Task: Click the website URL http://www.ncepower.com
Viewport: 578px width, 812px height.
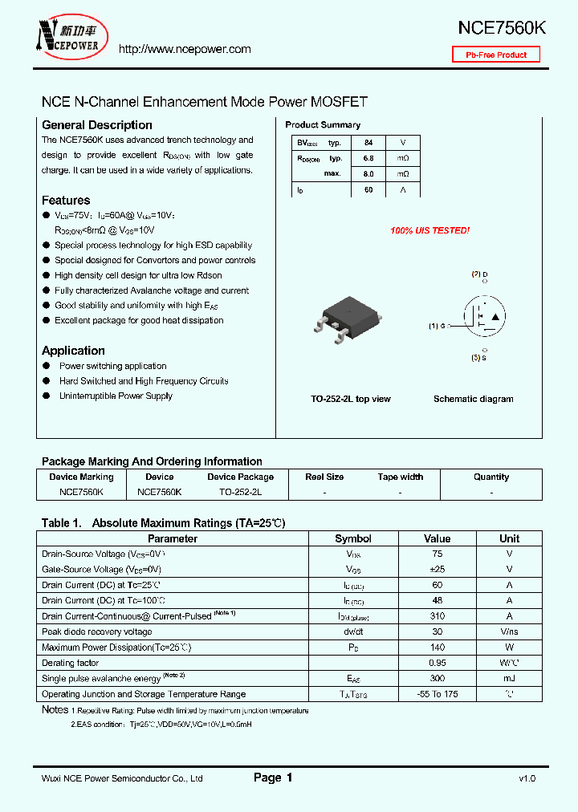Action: coord(185,50)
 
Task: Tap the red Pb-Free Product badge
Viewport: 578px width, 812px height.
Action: coord(496,55)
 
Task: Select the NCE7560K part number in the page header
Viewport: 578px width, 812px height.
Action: coord(502,27)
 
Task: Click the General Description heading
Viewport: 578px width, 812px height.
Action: coord(96,125)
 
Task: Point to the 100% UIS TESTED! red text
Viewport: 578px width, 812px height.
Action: coord(429,231)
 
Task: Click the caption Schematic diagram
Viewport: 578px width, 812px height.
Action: coord(473,399)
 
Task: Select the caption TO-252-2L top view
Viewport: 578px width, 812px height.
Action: coord(351,399)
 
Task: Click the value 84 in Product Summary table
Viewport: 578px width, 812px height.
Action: coord(368,143)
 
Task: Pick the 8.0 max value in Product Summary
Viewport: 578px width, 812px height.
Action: coord(368,174)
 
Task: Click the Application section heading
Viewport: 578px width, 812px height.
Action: coord(73,351)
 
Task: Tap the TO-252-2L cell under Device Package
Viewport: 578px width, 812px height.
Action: coord(240,491)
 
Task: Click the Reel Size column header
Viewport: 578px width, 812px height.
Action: coord(325,477)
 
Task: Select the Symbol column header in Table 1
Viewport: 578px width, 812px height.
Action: coord(353,539)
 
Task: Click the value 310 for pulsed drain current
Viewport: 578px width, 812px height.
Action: coord(438,616)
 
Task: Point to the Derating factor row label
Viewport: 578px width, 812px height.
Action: coord(71,663)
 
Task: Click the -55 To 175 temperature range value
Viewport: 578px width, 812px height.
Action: coord(438,694)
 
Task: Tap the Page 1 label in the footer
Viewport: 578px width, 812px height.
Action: coord(273,777)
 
